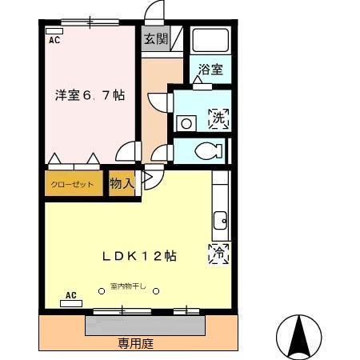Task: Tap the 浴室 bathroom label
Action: coord(211,70)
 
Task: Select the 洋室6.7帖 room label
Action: coord(90,95)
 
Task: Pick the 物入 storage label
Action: coord(121,184)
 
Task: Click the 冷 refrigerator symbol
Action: coord(218,253)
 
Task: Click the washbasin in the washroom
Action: coord(186,123)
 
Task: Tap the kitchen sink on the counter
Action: coord(219,218)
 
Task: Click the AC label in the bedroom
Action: coord(54,38)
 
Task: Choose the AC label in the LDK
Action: coord(70,295)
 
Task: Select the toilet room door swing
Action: coord(163,152)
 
